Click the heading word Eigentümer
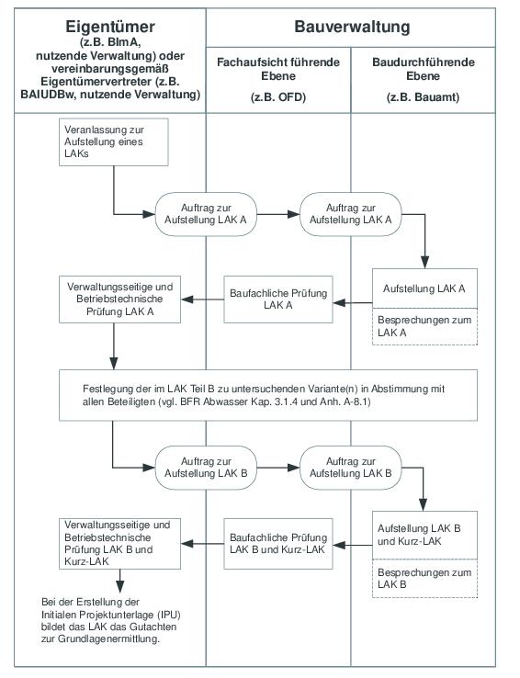[110, 27]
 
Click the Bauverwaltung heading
[352, 27]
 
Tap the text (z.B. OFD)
[278, 96]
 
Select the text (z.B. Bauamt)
[423, 96]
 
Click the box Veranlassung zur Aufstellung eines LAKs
[114, 142]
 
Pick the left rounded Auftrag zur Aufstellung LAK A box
[206, 214]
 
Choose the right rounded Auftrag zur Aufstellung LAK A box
[351, 214]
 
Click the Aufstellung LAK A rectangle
[424, 288]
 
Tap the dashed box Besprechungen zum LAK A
[424, 326]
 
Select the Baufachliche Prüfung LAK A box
[278, 299]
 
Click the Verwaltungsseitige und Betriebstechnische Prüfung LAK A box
[119, 299]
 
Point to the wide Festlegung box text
[264, 395]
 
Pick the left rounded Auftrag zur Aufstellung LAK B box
[206, 468]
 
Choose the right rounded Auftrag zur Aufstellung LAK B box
[351, 468]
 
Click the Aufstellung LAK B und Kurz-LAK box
[424, 536]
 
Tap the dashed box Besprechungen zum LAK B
[424, 579]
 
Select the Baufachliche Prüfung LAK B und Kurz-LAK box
[278, 544]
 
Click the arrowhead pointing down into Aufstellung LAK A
[424, 262]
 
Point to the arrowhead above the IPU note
[120, 586]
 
